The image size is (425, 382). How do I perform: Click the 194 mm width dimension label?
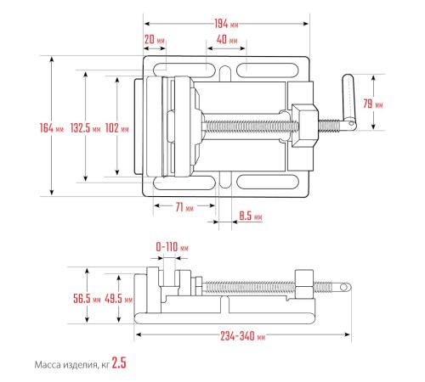(226, 24)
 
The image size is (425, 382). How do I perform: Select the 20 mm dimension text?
(155, 39)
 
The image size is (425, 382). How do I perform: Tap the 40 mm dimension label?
(227, 39)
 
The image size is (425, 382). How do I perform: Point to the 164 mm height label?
(52, 128)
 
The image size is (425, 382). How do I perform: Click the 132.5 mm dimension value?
(85, 128)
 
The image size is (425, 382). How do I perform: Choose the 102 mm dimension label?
(117, 128)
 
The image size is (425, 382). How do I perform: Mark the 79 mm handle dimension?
(373, 104)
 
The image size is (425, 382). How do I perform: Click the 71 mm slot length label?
(184, 207)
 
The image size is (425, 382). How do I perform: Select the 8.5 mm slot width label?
(251, 216)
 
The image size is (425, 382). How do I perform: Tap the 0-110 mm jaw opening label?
(172, 247)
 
